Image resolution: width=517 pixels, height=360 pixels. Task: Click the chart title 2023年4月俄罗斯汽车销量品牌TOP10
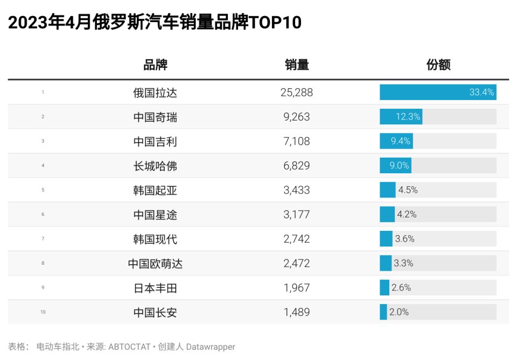pos(155,23)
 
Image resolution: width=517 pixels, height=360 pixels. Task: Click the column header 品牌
pos(155,65)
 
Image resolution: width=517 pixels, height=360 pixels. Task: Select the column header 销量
pos(297,65)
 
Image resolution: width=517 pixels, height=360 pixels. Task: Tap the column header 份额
pos(438,65)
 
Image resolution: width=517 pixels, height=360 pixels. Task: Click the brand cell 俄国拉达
pos(155,93)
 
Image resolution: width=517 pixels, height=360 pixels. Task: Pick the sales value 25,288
pos(297,93)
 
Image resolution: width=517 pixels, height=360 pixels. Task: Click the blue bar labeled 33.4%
pos(437,93)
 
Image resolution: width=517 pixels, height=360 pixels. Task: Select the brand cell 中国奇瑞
pos(155,117)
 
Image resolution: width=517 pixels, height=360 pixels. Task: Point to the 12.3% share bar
pos(401,117)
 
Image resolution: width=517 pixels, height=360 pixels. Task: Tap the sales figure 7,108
pos(297,142)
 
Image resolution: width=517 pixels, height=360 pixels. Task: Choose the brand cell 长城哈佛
pos(155,166)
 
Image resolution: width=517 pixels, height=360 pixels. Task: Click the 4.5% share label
pos(408,190)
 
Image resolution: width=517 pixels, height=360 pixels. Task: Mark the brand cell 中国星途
pos(155,215)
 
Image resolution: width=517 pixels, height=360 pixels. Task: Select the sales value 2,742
pos(297,239)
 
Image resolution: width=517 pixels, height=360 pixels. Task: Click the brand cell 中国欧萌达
pos(155,264)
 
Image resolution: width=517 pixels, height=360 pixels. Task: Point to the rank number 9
pos(43,288)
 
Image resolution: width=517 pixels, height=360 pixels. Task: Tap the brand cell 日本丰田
pos(155,288)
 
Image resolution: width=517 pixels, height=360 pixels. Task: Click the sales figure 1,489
pos(297,312)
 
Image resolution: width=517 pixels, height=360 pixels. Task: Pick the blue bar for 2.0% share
pos(383,312)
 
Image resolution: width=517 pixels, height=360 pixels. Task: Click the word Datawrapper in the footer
pos(211,347)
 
